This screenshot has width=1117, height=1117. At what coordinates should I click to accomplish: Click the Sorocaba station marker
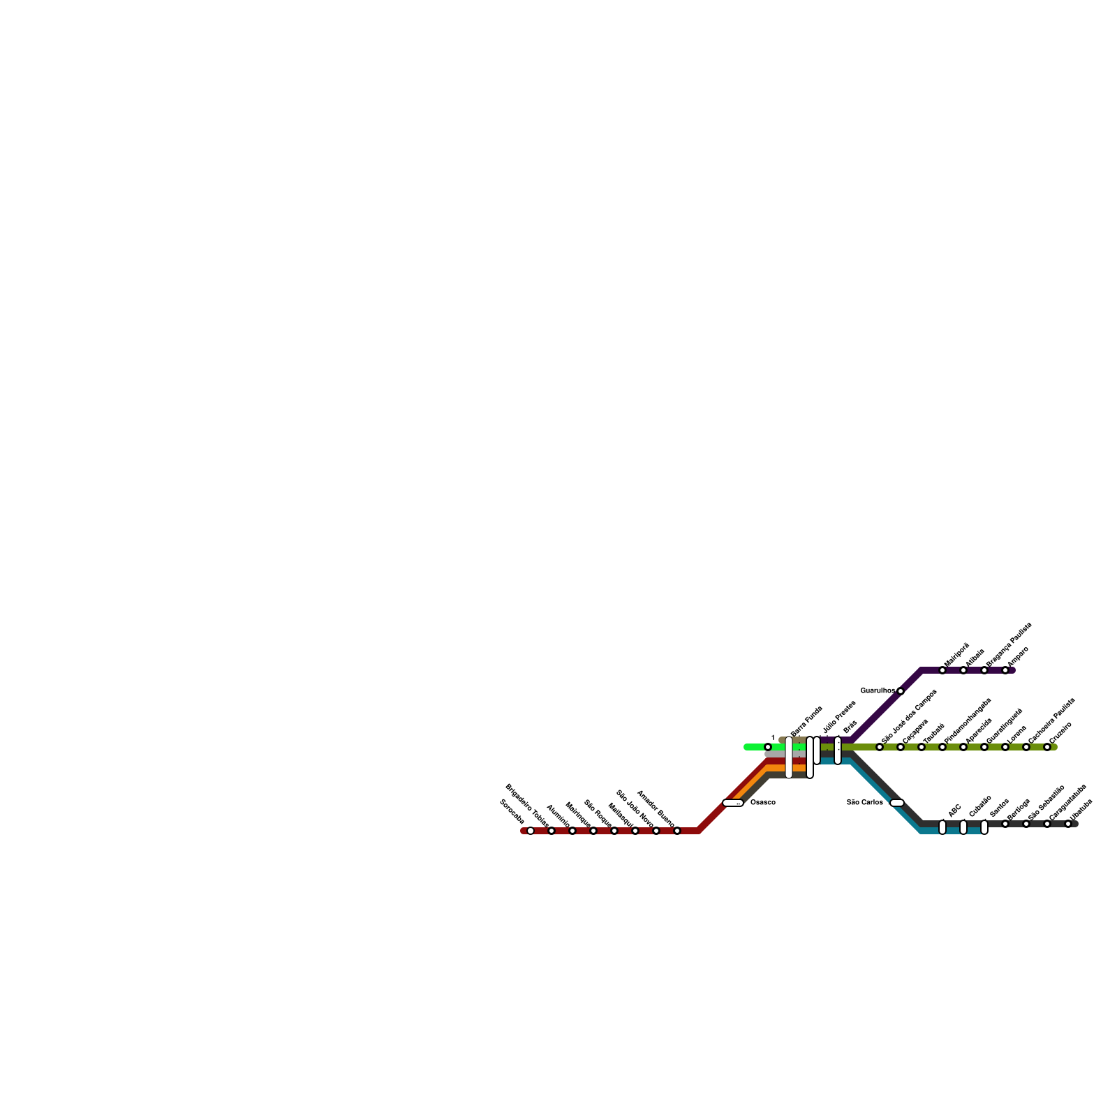pos(531,831)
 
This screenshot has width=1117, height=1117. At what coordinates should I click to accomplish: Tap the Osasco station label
pos(762,803)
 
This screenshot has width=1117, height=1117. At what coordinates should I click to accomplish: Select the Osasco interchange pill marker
pos(733,803)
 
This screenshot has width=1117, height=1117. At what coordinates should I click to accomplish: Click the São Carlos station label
pos(864,803)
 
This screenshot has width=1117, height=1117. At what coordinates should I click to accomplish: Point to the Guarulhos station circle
pos(901,691)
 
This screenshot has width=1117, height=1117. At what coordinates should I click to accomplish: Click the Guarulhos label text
pos(877,691)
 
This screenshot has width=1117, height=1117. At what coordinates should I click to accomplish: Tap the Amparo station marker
pos(1005,670)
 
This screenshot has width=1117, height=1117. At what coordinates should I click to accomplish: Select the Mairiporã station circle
pos(942,670)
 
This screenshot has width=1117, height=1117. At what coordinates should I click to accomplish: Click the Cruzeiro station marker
pos(1047,747)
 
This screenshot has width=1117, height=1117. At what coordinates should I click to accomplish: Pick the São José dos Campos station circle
pos(880,747)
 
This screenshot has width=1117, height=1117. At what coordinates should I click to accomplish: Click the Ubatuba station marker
pos(1068,824)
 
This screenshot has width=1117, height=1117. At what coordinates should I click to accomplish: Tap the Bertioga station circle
pos(1005,824)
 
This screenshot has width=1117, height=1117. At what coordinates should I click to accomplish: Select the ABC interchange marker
pos(942,827)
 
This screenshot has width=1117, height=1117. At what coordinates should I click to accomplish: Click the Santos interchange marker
pos(984,827)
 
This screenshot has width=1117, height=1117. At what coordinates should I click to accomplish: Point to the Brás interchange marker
pos(838,750)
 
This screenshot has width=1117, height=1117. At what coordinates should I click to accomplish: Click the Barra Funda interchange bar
pos(789,757)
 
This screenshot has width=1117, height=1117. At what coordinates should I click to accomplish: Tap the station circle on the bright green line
pos(768,747)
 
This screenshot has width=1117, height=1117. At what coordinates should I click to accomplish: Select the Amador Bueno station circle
pos(677,831)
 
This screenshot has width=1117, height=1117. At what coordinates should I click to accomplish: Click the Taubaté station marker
pos(922,747)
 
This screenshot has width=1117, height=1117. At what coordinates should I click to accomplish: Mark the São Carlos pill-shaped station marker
pos(897,803)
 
